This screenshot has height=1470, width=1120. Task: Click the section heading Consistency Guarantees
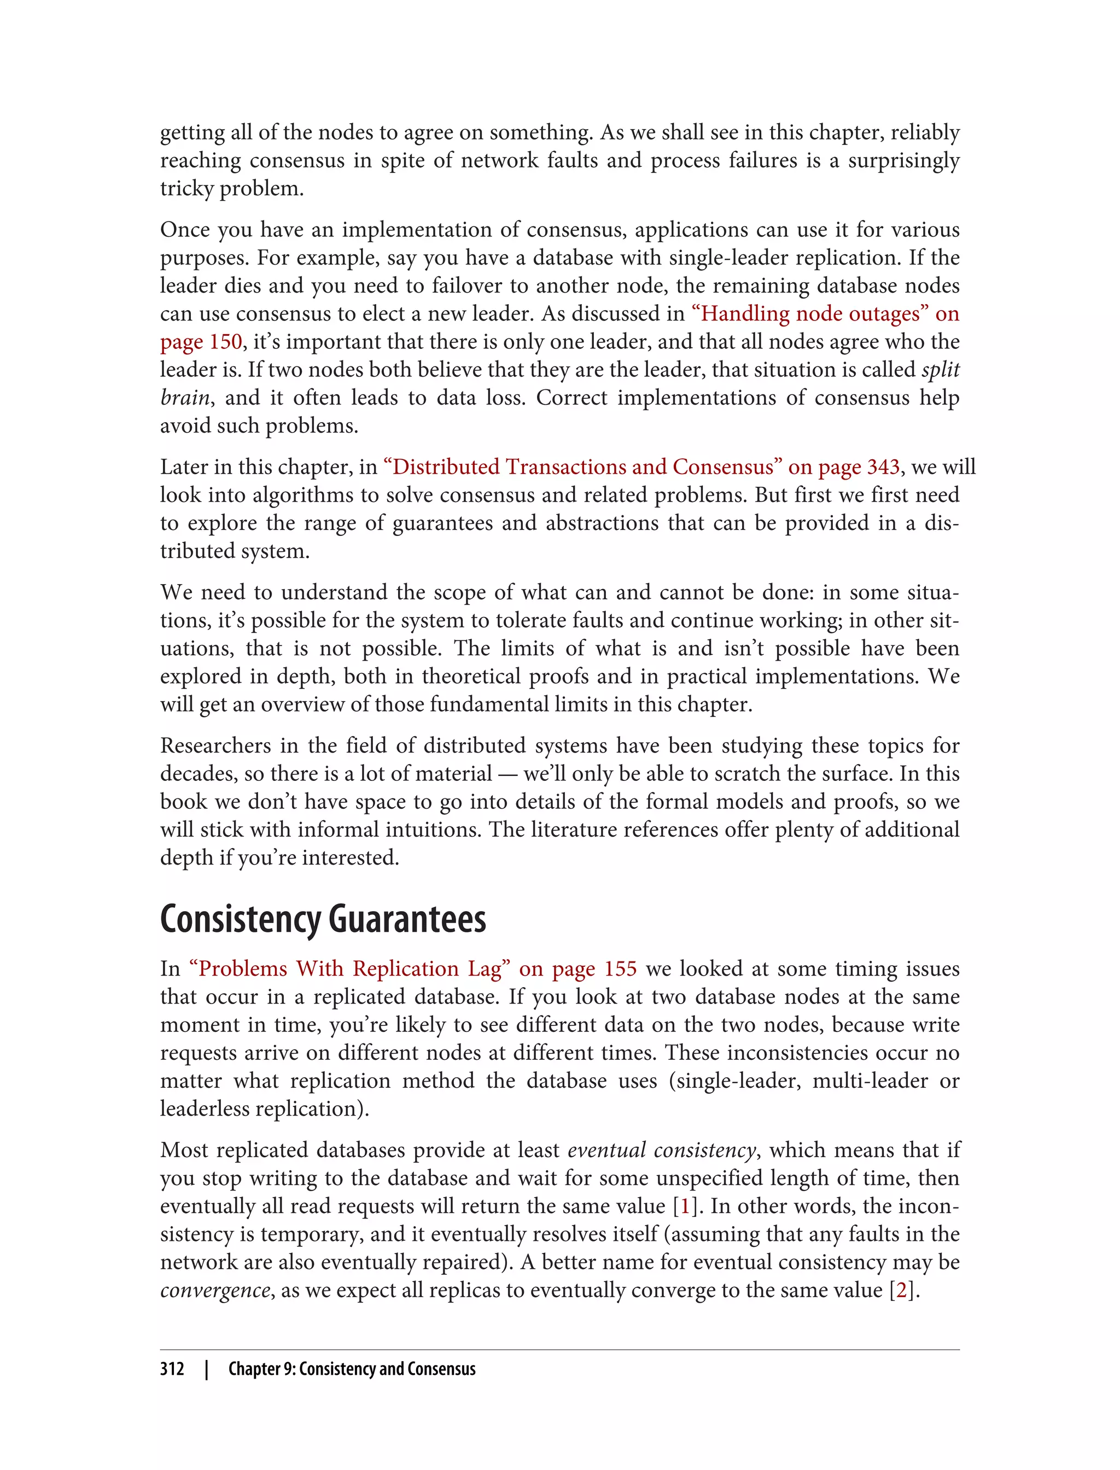point(323,919)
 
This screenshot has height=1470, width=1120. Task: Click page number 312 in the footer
point(172,1369)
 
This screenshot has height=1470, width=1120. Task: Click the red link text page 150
point(201,341)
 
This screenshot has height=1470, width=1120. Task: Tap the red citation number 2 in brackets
point(901,1290)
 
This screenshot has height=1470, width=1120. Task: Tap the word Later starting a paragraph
point(182,466)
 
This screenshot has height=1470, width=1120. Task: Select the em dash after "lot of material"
point(507,774)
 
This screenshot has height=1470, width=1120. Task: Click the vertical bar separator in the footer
point(207,1369)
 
